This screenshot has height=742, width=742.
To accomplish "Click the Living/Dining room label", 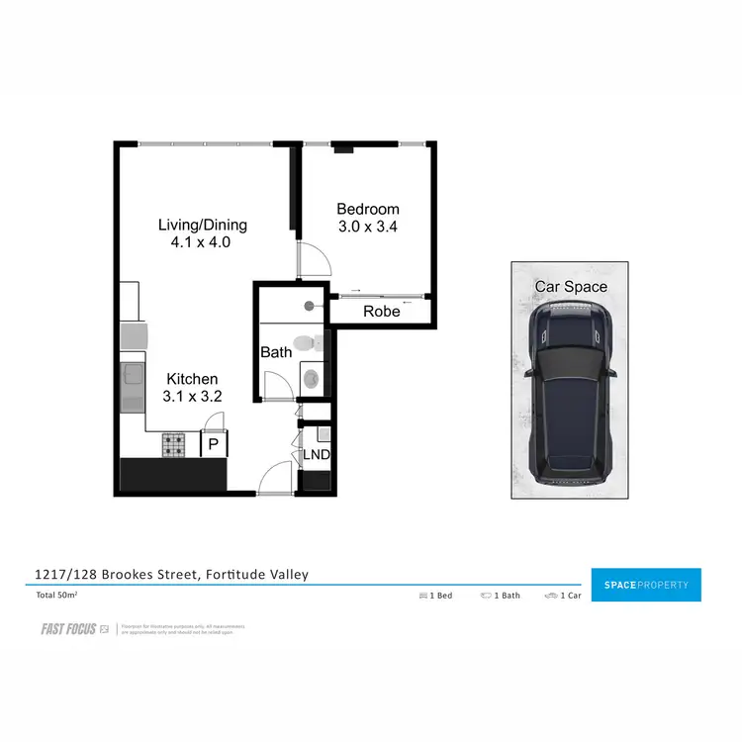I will click(202, 225).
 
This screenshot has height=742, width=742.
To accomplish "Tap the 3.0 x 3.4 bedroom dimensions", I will click(368, 226).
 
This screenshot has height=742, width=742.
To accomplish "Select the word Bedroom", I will click(368, 209).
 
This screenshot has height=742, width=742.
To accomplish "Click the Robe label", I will click(381, 311).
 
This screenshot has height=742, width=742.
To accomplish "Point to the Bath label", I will click(275, 352).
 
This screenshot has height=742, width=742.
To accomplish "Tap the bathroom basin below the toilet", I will click(312, 377).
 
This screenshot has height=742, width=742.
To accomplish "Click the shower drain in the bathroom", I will click(309, 306).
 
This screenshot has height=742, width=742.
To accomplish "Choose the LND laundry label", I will click(317, 455).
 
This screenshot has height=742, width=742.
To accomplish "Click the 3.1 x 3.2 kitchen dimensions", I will click(192, 396).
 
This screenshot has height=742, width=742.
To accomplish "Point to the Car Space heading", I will click(571, 287).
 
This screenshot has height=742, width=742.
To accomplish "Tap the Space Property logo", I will click(645, 585).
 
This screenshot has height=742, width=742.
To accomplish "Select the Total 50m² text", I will click(57, 596).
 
